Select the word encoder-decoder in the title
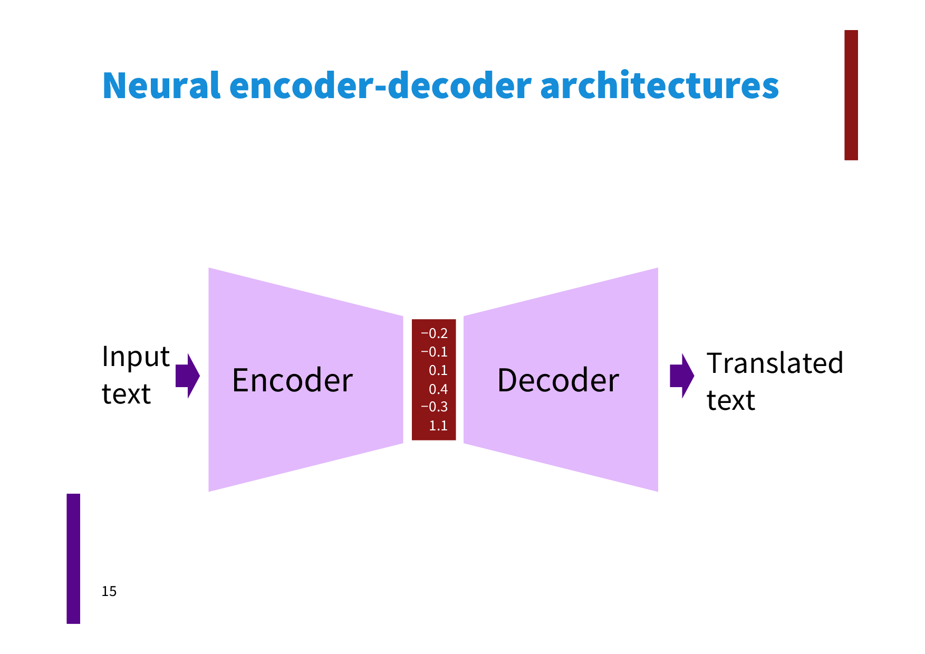(380, 85)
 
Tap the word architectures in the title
(659, 85)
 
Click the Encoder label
(292, 380)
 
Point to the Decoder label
(558, 380)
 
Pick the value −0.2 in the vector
(434, 333)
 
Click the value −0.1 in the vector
(434, 352)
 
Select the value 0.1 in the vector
(438, 370)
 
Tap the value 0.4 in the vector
(438, 389)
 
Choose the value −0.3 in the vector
(434, 407)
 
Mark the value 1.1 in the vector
(438, 426)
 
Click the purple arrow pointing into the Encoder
(187, 376)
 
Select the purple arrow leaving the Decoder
(681, 376)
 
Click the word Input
(136, 357)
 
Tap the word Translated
(774, 363)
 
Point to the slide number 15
(109, 591)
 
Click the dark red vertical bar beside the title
(851, 95)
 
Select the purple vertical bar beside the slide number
(73, 559)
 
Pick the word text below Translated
(730, 400)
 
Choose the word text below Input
(126, 394)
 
